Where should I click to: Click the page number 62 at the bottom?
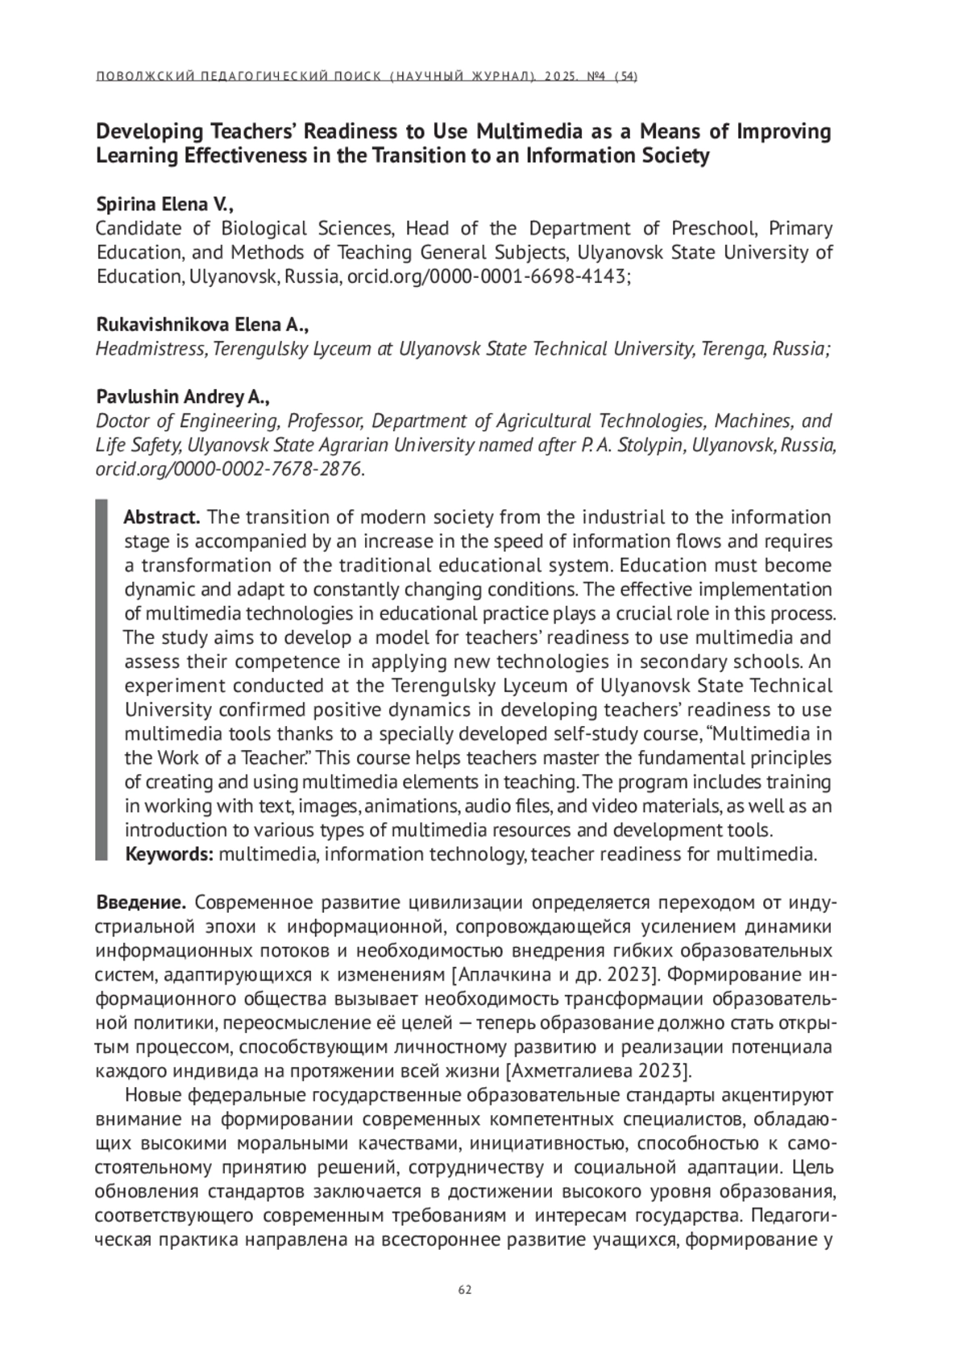[464, 1290]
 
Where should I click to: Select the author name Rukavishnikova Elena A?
[202, 325]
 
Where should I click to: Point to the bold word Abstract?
[161, 517]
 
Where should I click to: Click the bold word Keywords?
[168, 854]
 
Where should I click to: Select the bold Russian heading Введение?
[142, 902]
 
